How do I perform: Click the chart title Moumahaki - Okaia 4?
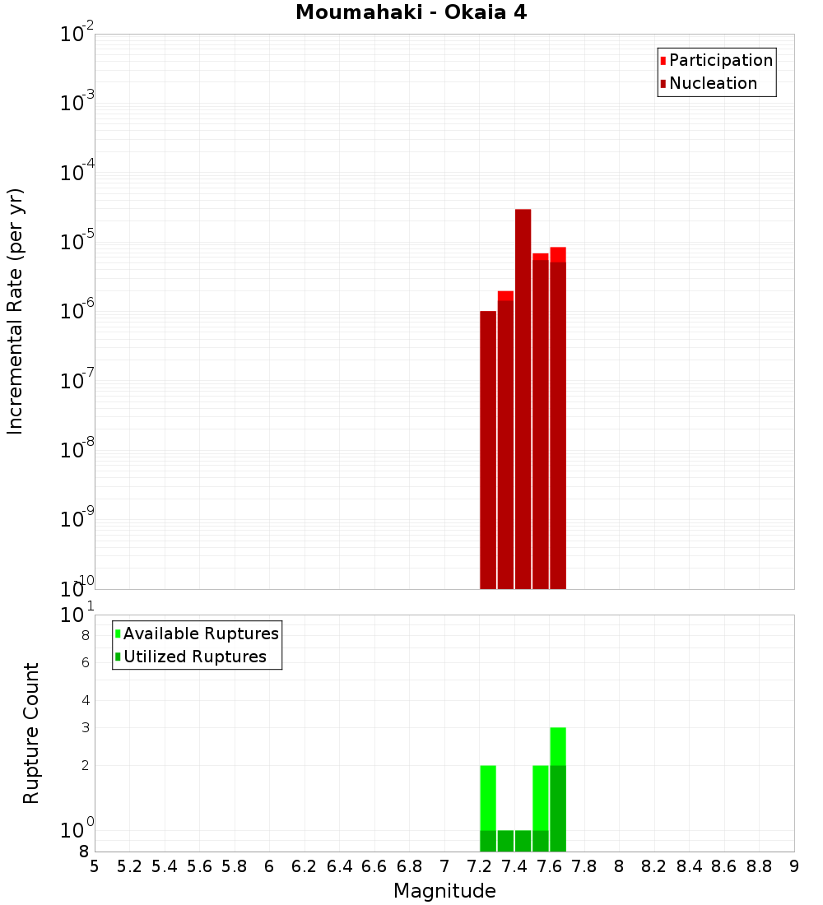coord(411,13)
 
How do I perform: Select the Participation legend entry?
coord(716,61)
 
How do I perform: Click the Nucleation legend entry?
coord(708,84)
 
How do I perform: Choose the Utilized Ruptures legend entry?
coord(189,657)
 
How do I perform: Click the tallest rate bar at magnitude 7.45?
coord(523,399)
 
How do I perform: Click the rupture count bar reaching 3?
coord(558,790)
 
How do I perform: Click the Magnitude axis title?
coord(444,891)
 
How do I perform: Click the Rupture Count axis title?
coord(31,733)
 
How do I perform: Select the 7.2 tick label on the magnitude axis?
coord(479,866)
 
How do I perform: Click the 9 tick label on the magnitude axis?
coord(794,866)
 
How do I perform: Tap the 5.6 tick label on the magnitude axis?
coord(199,866)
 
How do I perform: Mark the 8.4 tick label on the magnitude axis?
coord(689,866)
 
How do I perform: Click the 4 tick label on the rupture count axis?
coord(85,701)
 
